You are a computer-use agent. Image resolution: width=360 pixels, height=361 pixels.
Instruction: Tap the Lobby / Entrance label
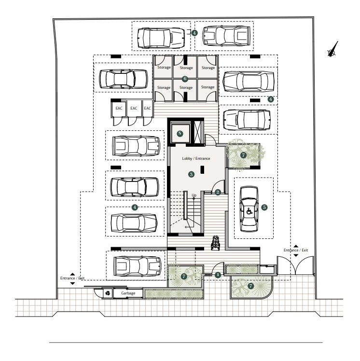pos(196,158)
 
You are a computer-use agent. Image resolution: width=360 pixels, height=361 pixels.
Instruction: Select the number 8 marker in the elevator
pos(180,133)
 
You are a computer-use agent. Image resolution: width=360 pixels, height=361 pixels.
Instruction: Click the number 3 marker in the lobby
pos(192,174)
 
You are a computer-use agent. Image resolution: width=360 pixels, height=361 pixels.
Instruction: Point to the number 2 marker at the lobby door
pos(218,192)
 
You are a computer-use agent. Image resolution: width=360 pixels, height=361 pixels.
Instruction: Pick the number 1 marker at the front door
pos(218,275)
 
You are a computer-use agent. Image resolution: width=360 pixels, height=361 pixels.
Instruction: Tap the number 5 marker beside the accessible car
pos(264,207)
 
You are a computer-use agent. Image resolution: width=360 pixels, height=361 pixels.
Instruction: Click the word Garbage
pos(128,293)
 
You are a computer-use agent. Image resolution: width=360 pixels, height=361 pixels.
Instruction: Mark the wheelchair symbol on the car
pos(249,210)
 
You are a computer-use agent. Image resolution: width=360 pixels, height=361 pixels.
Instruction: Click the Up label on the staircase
pos(194,195)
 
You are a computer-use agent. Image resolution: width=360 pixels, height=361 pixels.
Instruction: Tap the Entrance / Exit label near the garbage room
pos(72,278)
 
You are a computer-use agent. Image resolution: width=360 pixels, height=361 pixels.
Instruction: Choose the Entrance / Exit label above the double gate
pos(295,250)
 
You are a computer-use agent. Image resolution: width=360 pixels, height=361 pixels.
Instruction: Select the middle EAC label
pos(134,108)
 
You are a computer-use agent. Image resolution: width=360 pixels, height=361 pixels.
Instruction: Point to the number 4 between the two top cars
pos(194,33)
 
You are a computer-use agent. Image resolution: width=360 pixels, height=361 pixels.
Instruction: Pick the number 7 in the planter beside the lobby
pos(243,155)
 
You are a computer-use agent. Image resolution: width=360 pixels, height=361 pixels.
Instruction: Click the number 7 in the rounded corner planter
pos(250,286)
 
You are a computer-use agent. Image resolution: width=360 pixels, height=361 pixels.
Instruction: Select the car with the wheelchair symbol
pos(249,208)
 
